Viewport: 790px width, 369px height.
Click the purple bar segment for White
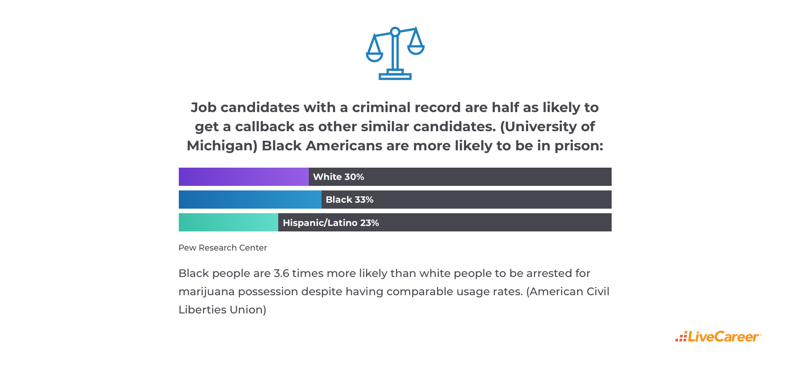(x=244, y=177)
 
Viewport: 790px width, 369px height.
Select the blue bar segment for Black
(x=250, y=200)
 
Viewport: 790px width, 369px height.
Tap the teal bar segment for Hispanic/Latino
(x=228, y=222)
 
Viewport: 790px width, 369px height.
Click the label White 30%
(x=338, y=177)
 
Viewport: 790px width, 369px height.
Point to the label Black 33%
(x=349, y=200)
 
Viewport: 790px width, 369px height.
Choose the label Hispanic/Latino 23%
(x=331, y=223)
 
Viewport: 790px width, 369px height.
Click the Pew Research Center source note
(x=223, y=248)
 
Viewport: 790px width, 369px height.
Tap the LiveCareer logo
(x=718, y=337)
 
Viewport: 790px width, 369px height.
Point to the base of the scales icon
(x=395, y=76)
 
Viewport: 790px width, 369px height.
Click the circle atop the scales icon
(x=395, y=32)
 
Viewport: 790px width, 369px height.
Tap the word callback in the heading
(x=265, y=127)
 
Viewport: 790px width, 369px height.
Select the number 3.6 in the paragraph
(x=281, y=273)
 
